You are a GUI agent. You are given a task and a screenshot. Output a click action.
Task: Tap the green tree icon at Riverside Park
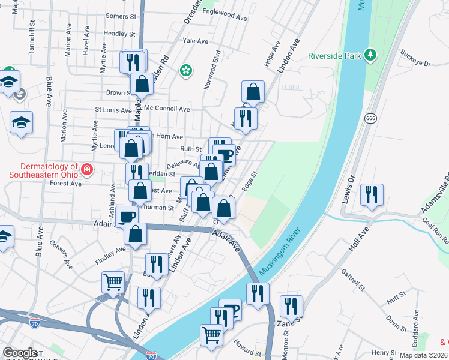point(371,56)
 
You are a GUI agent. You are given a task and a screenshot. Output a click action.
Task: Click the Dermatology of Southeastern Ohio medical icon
point(87,169)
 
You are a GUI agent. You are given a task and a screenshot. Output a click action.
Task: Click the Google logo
point(20,353)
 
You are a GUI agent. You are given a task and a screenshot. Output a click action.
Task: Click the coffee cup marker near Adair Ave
point(127,217)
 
